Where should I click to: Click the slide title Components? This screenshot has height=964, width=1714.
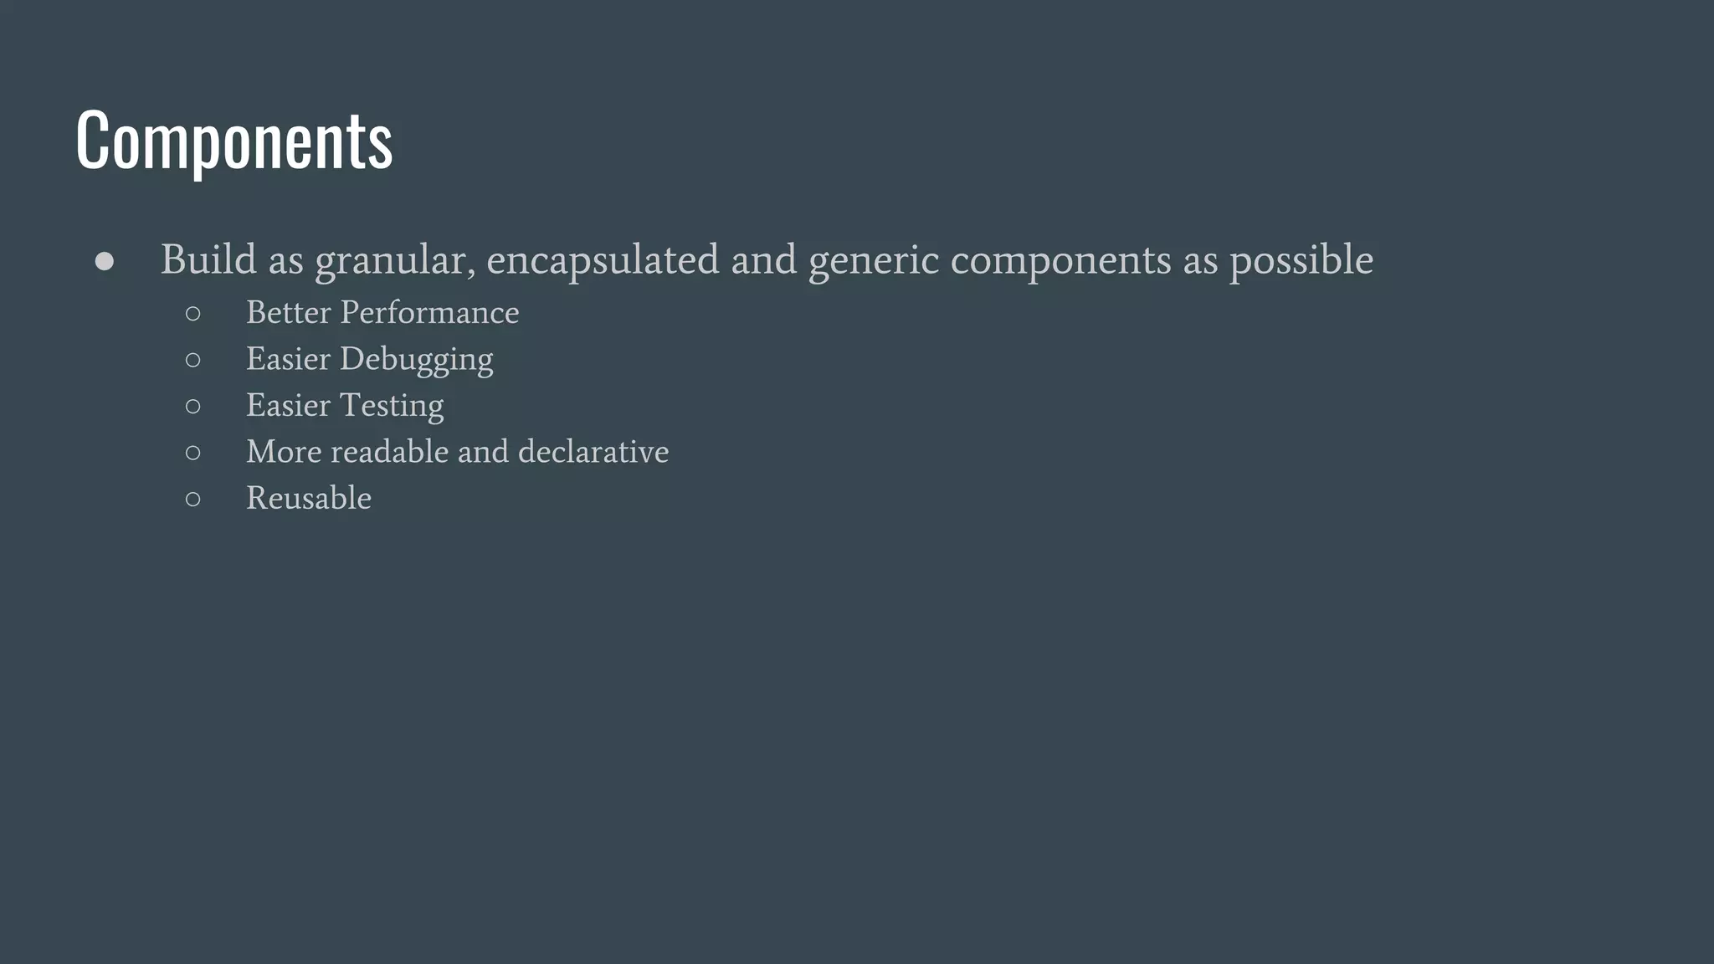(233, 140)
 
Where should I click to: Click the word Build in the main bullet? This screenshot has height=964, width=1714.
(208, 259)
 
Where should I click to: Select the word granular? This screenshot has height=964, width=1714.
(395, 261)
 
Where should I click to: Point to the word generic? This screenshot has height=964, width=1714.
(874, 261)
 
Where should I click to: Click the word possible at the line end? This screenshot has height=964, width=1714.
(1301, 261)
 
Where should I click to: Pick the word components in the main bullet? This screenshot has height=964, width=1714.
(1060, 261)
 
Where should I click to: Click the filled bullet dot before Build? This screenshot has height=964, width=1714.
(105, 262)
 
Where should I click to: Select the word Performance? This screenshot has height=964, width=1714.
(429, 313)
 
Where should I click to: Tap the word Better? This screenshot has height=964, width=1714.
(289, 313)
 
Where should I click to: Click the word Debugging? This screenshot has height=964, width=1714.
(416, 360)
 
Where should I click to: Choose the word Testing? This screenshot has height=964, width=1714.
(392, 406)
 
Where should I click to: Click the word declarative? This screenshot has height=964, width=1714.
(593, 452)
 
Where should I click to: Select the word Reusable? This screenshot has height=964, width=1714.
(309, 499)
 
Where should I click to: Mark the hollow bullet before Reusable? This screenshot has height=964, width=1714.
(193, 500)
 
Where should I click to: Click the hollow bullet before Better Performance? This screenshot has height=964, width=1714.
(193, 314)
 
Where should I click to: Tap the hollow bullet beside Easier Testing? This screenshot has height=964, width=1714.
(193, 407)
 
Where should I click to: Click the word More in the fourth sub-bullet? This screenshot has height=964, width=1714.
(284, 452)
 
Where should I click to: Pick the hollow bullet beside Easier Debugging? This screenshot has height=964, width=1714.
(193, 361)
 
